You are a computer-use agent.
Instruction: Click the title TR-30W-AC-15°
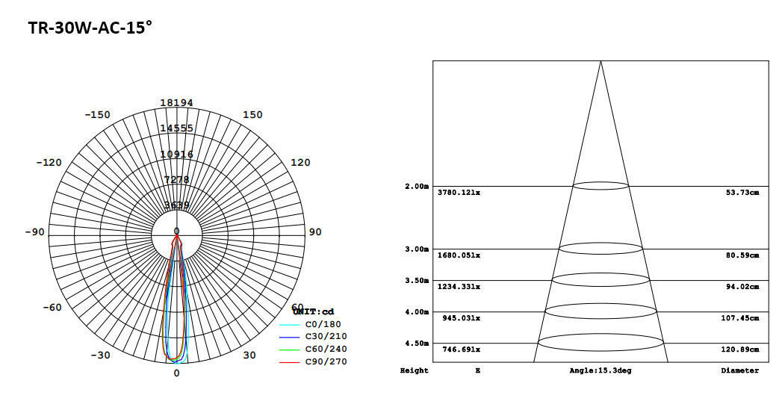pos(90,28)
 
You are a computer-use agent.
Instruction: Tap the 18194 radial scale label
pos(176,102)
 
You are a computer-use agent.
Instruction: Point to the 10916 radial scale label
pos(176,154)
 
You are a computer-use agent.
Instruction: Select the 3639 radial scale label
pos(176,205)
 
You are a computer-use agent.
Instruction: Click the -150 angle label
pos(97,114)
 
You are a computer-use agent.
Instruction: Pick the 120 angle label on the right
pos(300,162)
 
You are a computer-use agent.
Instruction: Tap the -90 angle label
pos(34,232)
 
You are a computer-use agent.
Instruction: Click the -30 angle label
pos(100,355)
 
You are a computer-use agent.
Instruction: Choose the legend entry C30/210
pos(326,336)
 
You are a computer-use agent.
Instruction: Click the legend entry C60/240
pos(326,349)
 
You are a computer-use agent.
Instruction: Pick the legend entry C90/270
pos(326,361)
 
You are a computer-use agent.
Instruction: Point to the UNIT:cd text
pos(314,311)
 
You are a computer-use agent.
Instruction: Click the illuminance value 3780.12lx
pos(459,193)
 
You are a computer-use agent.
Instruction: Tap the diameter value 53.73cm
pos(742,193)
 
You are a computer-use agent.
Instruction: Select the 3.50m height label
pos(417,280)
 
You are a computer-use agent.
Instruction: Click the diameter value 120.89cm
pos(739,349)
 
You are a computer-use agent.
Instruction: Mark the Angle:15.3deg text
pos(601,370)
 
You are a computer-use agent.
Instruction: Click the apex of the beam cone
pos(601,61)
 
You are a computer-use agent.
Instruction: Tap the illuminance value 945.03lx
pos(461,318)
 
